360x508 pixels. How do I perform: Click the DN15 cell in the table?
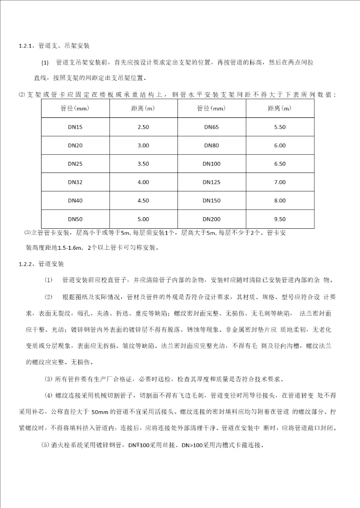click(75, 127)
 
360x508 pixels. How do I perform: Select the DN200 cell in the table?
click(211, 219)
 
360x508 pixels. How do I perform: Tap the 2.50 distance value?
click(143, 127)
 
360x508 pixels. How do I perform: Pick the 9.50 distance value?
click(279, 219)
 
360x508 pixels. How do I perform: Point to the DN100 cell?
click(211, 164)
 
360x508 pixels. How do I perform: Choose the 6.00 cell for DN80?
click(279, 145)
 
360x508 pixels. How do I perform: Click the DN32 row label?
click(75, 182)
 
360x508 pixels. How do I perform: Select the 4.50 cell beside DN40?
click(143, 200)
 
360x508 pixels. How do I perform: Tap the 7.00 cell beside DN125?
click(279, 182)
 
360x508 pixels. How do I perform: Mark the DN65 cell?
click(211, 127)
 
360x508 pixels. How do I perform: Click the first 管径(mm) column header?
click(75, 108)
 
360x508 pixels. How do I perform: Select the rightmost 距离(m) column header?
click(279, 108)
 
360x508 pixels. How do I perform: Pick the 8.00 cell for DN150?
click(279, 200)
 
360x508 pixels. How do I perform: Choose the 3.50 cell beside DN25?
click(143, 164)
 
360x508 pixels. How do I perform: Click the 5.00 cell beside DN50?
click(143, 219)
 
